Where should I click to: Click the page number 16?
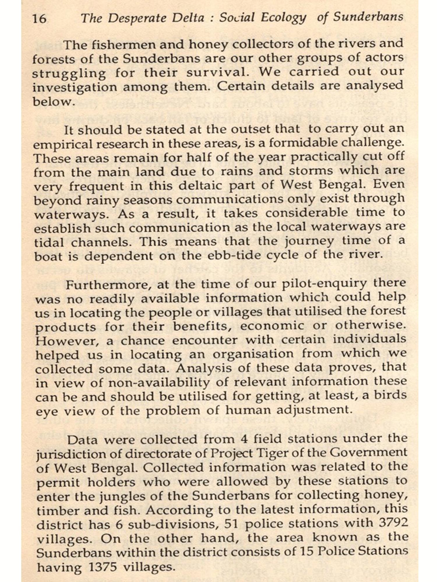[x=39, y=19]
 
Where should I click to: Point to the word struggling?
[x=69, y=73]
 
